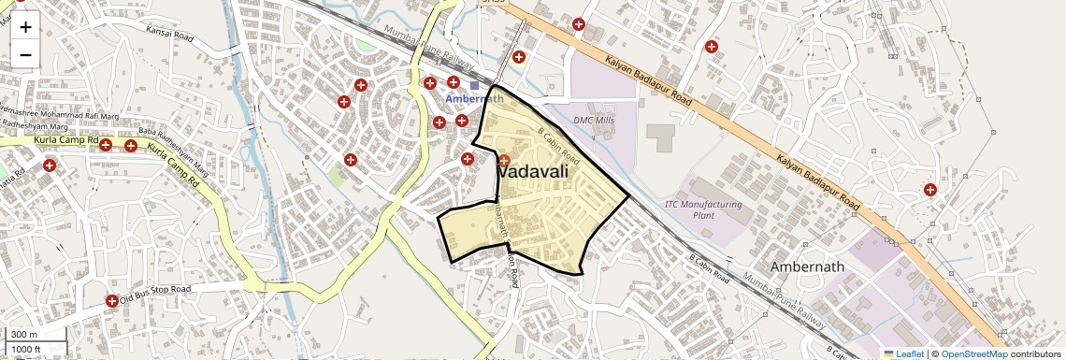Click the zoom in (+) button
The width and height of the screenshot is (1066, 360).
click(25, 27)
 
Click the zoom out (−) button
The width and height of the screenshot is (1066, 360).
click(25, 54)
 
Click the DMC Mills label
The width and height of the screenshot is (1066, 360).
click(594, 120)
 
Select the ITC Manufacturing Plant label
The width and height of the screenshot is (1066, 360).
click(703, 209)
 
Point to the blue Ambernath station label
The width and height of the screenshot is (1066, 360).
click(474, 99)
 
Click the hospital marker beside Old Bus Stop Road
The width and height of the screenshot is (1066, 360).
click(112, 301)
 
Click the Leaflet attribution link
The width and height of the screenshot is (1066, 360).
click(903, 353)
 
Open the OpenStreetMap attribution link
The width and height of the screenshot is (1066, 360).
click(973, 353)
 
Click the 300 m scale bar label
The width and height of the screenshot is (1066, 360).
click(24, 335)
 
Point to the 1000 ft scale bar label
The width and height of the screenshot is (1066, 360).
click(26, 349)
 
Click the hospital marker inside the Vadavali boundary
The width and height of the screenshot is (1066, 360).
click(504, 161)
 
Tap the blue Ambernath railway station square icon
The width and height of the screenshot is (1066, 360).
click(474, 85)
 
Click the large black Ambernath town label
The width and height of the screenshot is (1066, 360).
click(807, 266)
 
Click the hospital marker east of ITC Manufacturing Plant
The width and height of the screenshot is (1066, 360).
click(930, 190)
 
